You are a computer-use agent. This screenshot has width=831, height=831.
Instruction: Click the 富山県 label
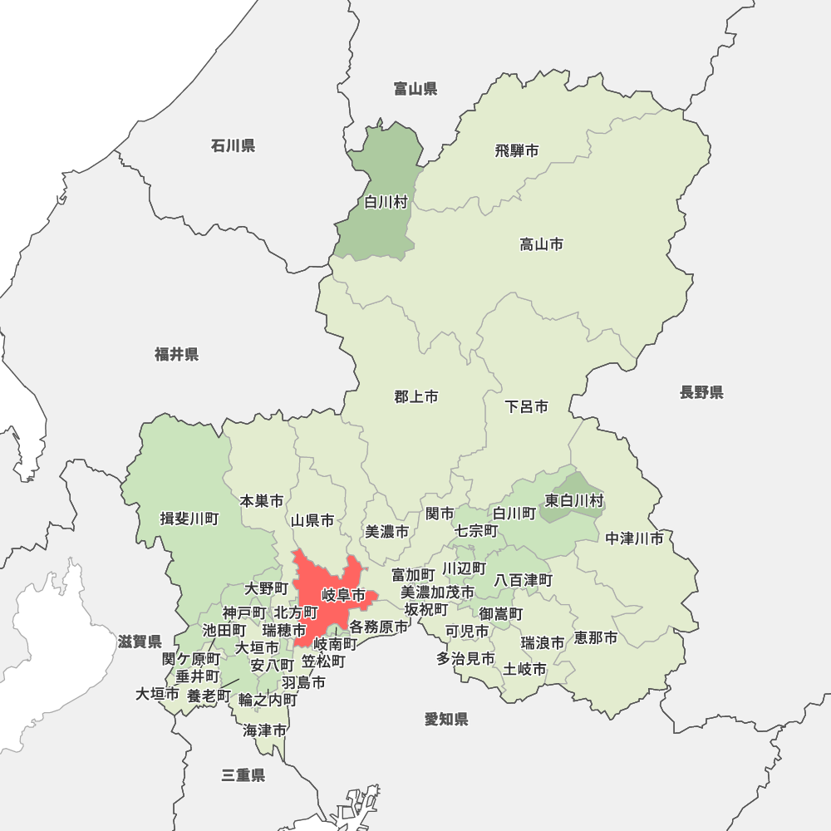(415, 88)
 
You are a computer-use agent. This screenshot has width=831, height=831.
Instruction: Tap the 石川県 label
(233, 146)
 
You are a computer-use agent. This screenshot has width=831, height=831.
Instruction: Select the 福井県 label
(176, 355)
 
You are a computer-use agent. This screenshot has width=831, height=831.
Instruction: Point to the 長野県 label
(701, 392)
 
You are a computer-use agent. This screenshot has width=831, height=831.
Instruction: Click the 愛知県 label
(446, 719)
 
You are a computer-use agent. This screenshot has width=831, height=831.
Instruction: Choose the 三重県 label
(243, 775)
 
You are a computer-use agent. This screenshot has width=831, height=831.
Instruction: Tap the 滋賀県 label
(140, 642)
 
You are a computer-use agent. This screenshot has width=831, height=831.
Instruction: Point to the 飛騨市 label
(517, 150)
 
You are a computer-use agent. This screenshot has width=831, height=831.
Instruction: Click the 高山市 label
(542, 244)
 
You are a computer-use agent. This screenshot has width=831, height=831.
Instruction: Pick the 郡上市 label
(416, 397)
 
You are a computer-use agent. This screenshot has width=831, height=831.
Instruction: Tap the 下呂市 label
(527, 407)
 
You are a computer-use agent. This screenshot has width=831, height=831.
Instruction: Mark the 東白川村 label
(574, 500)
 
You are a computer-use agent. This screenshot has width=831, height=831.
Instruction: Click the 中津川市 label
(635, 538)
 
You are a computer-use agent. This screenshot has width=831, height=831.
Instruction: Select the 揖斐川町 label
(189, 519)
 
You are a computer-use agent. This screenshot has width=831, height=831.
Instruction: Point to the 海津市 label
(265, 730)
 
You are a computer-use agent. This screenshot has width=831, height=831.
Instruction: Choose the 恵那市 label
(596, 638)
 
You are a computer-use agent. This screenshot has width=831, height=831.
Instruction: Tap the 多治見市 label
(465, 658)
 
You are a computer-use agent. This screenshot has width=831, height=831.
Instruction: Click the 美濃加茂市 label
(438, 592)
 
